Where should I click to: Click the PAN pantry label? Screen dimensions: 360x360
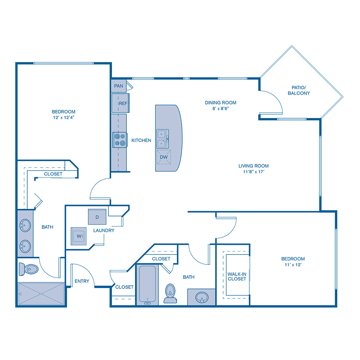(x=118, y=86)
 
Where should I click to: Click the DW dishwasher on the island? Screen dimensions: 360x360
(x=164, y=157)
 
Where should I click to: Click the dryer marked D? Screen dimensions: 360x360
(x=97, y=217)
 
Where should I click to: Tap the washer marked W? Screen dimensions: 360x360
(x=78, y=236)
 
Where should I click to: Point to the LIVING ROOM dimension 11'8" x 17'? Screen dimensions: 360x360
(x=253, y=172)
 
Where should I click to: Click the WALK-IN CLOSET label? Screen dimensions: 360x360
(x=236, y=276)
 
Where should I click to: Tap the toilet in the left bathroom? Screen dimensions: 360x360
(x=28, y=269)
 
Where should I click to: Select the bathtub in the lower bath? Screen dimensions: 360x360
(x=147, y=284)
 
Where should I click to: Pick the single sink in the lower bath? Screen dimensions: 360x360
(x=201, y=297)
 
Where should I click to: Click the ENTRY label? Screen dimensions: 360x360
(x=82, y=281)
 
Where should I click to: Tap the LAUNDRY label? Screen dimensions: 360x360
(x=104, y=230)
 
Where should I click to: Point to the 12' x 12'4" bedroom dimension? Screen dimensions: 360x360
(x=63, y=117)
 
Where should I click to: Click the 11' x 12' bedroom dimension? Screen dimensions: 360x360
(x=293, y=264)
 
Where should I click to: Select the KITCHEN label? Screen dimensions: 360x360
(x=141, y=140)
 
